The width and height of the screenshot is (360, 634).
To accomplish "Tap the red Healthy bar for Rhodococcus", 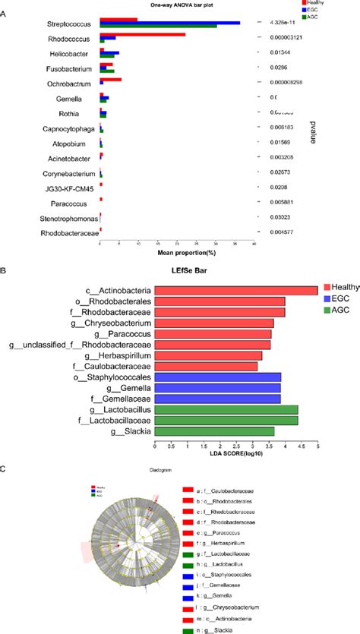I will point(142,34).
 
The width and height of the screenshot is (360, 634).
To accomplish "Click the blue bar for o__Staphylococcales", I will point(217,377).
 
